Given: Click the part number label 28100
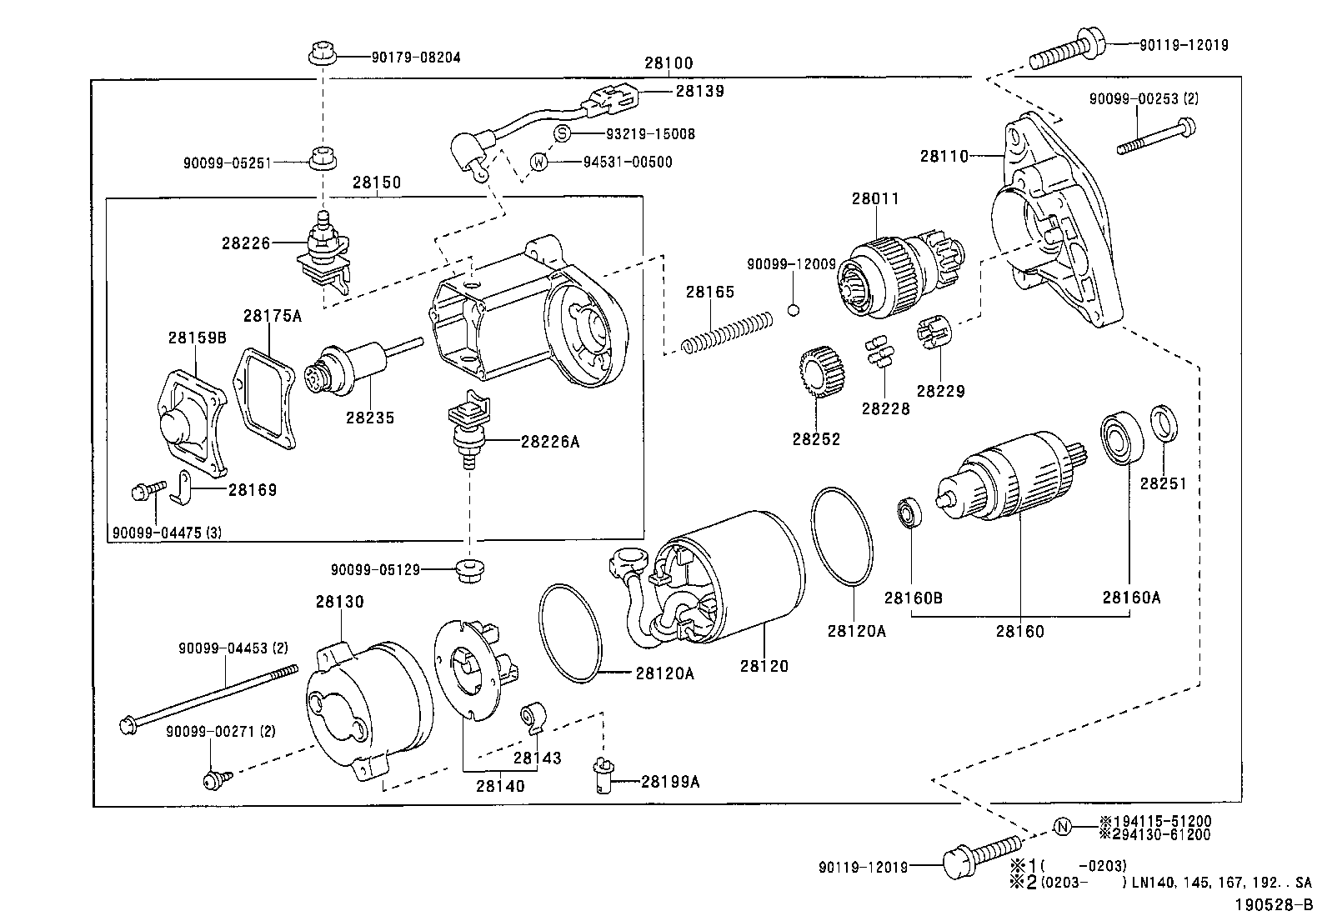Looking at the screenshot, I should (x=668, y=63).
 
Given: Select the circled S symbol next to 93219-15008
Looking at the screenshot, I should (x=563, y=134).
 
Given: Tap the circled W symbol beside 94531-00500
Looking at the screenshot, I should (x=540, y=162).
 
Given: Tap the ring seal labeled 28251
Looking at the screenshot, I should (x=1164, y=423).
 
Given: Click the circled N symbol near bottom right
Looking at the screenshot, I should (x=1062, y=827).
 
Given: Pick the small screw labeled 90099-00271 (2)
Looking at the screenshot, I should (x=214, y=779).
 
